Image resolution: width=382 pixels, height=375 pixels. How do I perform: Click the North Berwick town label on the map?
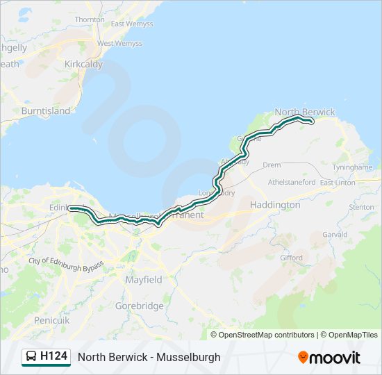[x=304, y=112]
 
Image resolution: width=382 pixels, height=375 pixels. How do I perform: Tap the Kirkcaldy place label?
[x=83, y=64]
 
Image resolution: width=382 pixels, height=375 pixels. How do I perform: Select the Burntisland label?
[x=46, y=110]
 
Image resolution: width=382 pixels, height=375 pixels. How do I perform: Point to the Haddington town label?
[x=275, y=205]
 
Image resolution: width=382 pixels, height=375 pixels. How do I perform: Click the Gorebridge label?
[x=140, y=306]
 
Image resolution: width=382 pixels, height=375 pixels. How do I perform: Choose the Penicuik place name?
[x=51, y=320]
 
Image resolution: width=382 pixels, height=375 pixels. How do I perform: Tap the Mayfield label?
[x=144, y=280]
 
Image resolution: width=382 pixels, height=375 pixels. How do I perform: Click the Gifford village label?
[x=291, y=258]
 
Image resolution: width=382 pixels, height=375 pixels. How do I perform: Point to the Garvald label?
[x=334, y=235]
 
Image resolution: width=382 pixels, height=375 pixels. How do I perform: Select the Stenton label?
[x=361, y=207]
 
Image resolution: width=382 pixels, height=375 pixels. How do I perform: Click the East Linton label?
[x=337, y=183]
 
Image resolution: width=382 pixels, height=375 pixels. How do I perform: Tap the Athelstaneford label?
[x=292, y=182]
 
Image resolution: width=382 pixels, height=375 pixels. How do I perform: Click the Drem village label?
[x=272, y=165]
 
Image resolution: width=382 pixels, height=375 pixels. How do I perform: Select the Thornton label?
[x=90, y=20]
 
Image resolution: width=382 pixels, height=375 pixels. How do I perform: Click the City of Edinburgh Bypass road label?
[x=66, y=265]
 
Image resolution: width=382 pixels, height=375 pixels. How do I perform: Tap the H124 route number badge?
[x=46, y=357]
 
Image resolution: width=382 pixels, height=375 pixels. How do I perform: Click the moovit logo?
[x=329, y=358]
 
